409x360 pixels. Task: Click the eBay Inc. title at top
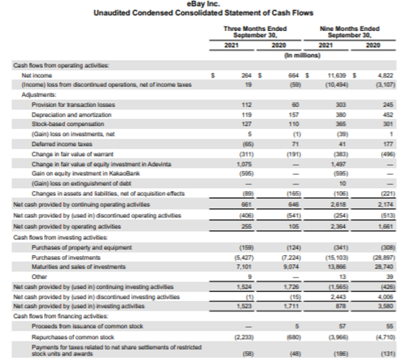(x=204, y=5)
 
